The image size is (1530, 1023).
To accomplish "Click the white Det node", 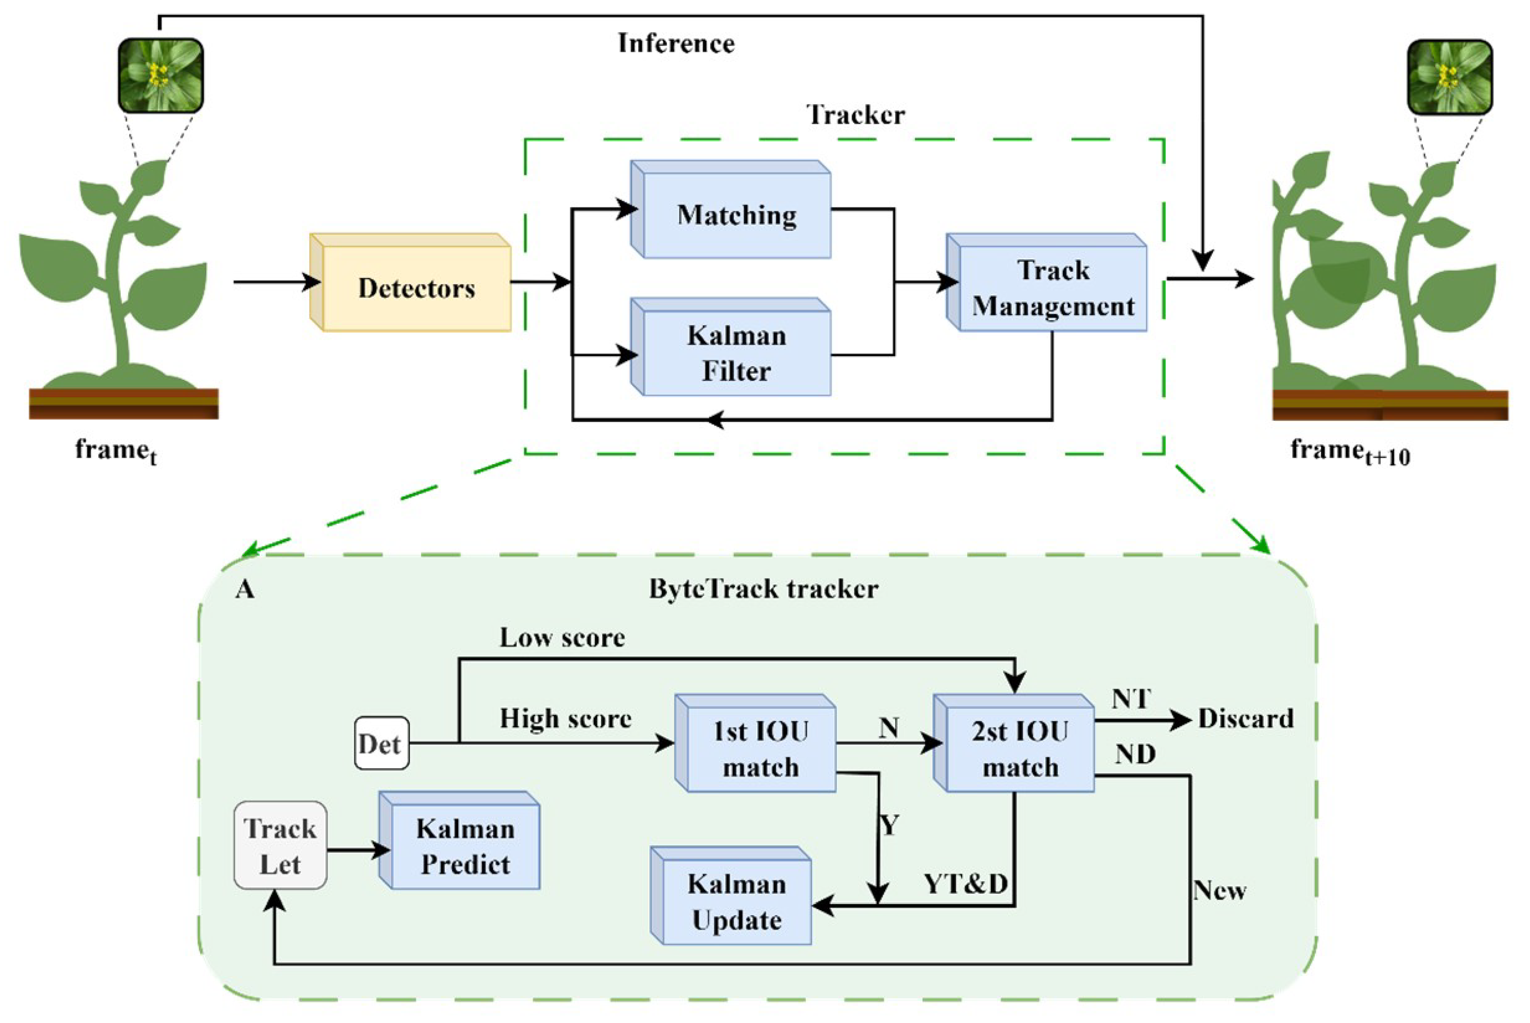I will pos(381,744).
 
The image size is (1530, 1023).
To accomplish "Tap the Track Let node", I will pos(280,846).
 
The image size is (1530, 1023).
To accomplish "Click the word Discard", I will pos(1245,719).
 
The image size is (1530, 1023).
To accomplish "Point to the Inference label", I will pos(676,44).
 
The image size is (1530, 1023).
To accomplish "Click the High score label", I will pos(565,718).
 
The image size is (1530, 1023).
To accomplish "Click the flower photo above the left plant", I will pos(160,75).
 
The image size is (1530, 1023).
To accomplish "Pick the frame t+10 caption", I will pos(1349,452).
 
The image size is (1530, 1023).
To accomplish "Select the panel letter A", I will pos(245,590).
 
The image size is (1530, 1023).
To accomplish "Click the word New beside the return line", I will pos(1219,891).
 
